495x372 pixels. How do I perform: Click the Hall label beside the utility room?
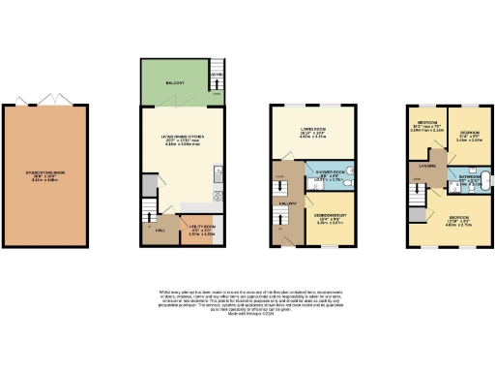pos(159,232)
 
